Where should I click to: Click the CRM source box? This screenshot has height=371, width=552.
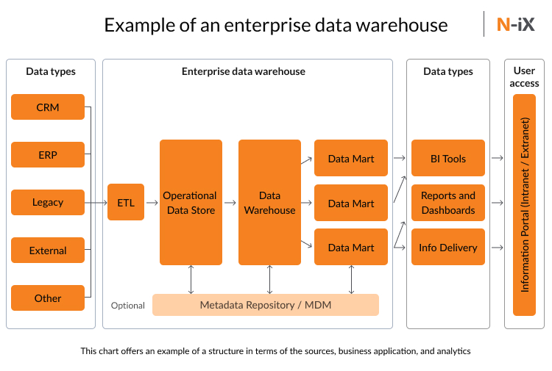click(x=48, y=107)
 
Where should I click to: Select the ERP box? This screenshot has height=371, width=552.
click(x=48, y=155)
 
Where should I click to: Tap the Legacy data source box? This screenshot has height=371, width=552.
click(x=48, y=202)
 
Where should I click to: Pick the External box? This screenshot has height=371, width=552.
click(x=48, y=251)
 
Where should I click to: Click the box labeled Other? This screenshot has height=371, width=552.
click(x=48, y=298)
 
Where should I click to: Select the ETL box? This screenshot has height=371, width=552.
click(x=126, y=203)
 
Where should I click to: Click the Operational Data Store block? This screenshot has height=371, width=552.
click(x=191, y=203)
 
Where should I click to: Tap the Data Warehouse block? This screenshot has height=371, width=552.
click(x=269, y=203)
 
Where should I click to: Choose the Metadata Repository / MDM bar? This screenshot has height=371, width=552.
click(x=265, y=305)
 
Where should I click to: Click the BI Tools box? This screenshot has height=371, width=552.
click(x=447, y=159)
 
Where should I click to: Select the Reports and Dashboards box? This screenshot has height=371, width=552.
click(x=447, y=203)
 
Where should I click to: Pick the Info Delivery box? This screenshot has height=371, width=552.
click(x=447, y=248)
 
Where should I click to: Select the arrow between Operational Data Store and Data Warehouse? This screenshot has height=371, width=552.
click(x=230, y=203)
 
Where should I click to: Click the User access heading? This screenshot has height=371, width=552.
click(x=524, y=77)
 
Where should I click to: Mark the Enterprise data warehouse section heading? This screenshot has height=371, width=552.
click(x=244, y=72)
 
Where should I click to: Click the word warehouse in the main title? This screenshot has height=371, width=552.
click(x=399, y=25)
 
